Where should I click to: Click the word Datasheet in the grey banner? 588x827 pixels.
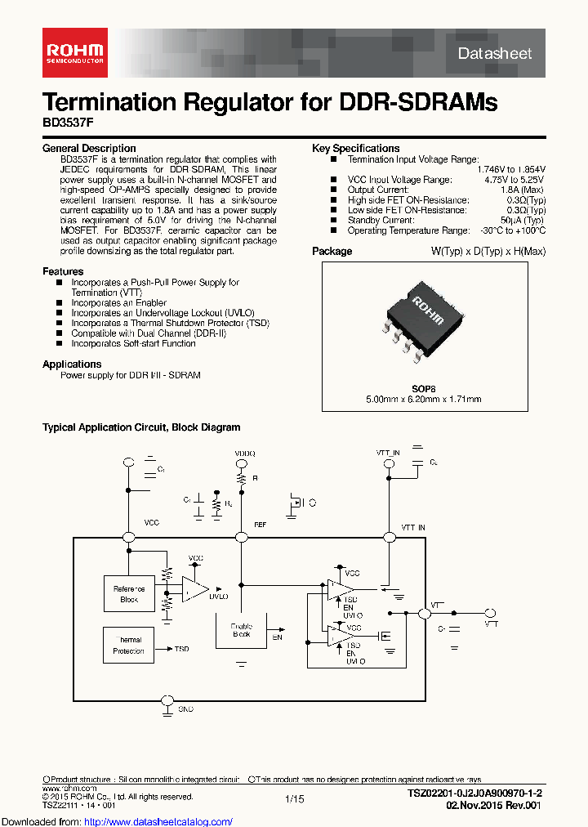[495, 53]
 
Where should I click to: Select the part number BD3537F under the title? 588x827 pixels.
[65, 124]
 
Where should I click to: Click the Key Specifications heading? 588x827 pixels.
[356, 149]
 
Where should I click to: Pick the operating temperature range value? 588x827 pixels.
[512, 231]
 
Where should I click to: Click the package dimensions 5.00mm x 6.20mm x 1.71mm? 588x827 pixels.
[423, 399]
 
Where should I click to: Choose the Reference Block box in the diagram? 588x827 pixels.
[129, 594]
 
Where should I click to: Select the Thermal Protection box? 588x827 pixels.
[129, 646]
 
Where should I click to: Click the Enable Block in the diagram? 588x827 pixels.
[241, 630]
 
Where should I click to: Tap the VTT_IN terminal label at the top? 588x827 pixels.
[388, 452]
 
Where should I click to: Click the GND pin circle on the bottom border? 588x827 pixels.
[167, 700]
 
